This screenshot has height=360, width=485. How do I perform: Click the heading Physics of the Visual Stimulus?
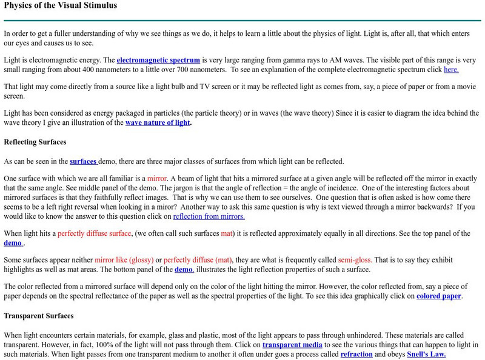[60, 5]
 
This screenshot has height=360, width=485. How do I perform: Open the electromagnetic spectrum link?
[158, 60]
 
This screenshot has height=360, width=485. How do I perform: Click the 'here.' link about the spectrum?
[451, 69]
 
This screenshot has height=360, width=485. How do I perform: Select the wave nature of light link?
[158, 122]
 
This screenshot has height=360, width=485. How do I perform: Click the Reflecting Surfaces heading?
[35, 142]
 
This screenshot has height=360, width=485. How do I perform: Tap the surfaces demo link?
[84, 161]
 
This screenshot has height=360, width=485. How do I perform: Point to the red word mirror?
[157, 179]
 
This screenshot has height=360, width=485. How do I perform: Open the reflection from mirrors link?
[209, 216]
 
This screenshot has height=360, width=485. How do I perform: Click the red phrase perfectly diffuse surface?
[94, 233]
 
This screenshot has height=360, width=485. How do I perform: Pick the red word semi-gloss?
[355, 260]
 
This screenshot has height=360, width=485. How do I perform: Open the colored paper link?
[439, 296]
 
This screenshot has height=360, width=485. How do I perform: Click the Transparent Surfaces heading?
[39, 316]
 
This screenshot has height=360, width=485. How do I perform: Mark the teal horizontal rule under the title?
[242, 21]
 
